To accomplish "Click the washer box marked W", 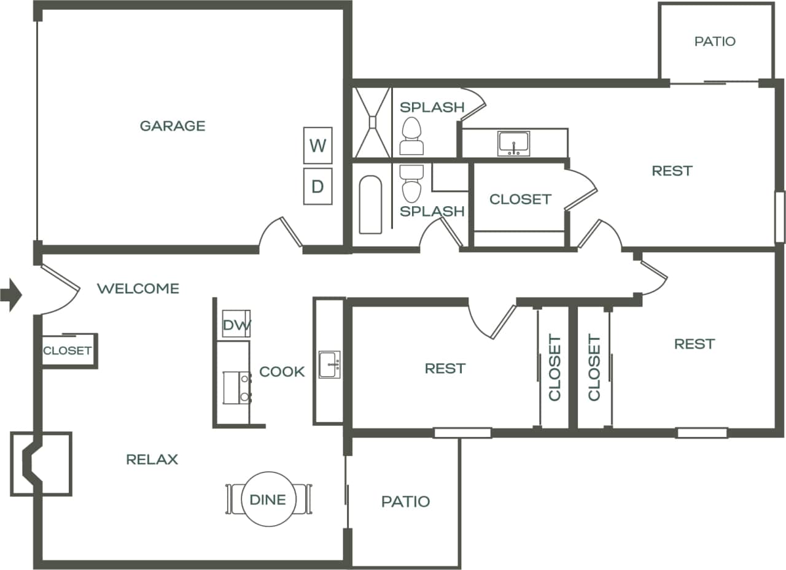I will (x=317, y=145).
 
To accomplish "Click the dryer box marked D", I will (x=317, y=186).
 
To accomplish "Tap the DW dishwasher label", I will (x=236, y=325).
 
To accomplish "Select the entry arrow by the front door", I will (x=11, y=295).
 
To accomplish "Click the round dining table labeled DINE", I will (x=268, y=499).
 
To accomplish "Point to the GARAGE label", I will (x=173, y=126).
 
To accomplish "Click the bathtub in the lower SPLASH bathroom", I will (x=370, y=205).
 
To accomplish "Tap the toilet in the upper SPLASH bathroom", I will (x=411, y=136).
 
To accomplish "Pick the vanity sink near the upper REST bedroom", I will (x=514, y=144).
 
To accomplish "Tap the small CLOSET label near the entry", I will (x=67, y=351).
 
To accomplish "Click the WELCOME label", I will (x=138, y=288).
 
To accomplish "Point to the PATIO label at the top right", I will (x=715, y=41).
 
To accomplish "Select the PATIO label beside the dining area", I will (x=405, y=501).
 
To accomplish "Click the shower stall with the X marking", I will (x=372, y=122).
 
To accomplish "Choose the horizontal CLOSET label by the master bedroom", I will (x=520, y=199).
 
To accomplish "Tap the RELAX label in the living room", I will (x=152, y=459).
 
